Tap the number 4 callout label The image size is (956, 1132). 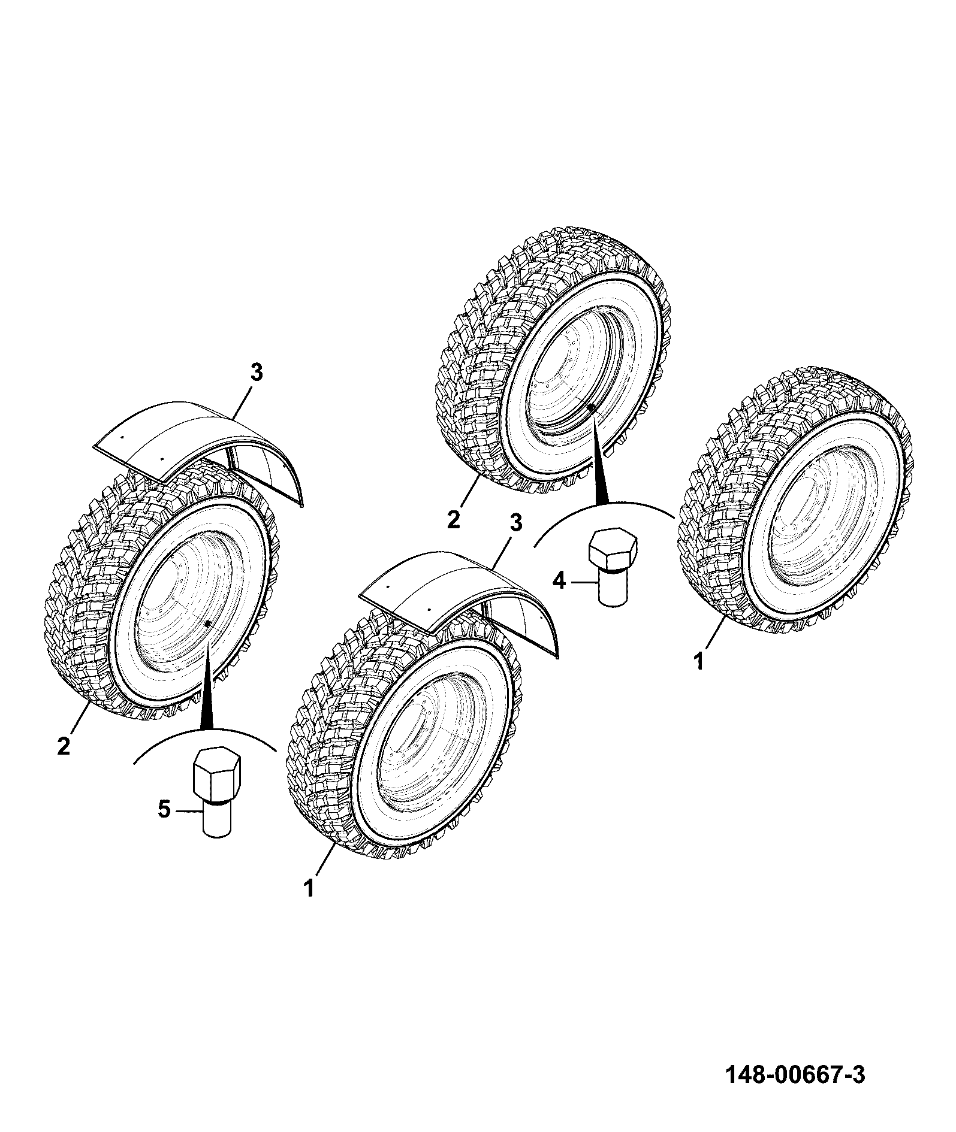tap(559, 580)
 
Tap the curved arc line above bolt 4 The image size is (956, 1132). tap(604, 504)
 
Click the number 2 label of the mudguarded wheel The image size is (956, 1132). tap(64, 746)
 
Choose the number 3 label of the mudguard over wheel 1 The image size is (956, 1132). tap(515, 522)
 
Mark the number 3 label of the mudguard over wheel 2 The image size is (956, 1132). tap(256, 373)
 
